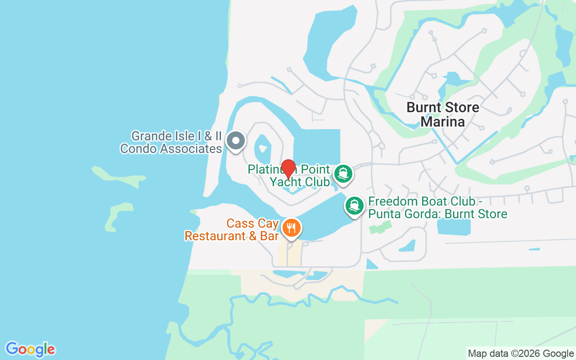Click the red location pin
(288, 169)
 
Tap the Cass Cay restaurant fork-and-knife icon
(291, 227)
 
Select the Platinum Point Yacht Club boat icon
(343, 173)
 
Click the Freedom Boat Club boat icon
(355, 205)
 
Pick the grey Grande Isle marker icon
(235, 141)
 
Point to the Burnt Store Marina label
(442, 114)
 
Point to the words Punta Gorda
(405, 214)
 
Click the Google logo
(31, 349)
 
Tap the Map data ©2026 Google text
(521, 354)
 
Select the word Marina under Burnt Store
(443, 121)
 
